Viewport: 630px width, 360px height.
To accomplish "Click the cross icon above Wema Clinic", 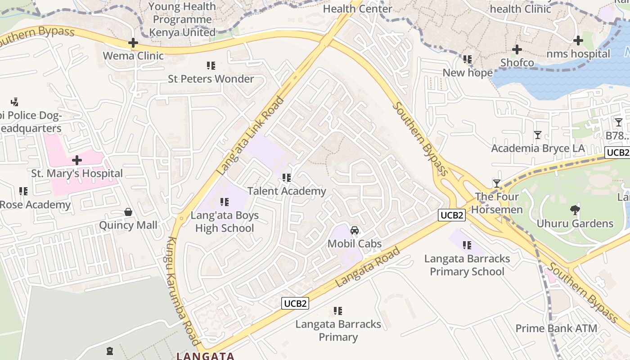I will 133,43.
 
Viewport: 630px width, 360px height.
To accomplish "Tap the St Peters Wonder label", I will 211,79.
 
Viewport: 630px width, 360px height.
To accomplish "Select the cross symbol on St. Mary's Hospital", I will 77,160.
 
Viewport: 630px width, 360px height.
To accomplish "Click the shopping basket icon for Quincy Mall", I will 128,212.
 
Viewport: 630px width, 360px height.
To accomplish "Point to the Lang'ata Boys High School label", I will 225,221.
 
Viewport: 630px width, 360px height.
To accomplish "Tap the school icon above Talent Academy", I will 286,178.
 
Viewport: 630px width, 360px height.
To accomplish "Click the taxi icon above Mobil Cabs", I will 355,231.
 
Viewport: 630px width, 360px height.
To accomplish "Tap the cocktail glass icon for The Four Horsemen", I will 497,183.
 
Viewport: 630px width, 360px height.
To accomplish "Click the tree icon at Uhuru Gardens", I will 575,210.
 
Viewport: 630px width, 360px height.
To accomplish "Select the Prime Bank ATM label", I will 556,328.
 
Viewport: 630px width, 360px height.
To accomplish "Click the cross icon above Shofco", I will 517,49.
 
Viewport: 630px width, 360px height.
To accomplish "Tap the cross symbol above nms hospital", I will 578,40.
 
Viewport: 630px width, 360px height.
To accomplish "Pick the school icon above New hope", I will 468,59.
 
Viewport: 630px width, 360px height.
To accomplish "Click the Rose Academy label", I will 35,205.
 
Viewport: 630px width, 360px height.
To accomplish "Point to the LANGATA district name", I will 205,356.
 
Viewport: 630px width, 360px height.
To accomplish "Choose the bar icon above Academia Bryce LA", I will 537,135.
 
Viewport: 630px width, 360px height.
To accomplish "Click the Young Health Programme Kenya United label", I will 182,19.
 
